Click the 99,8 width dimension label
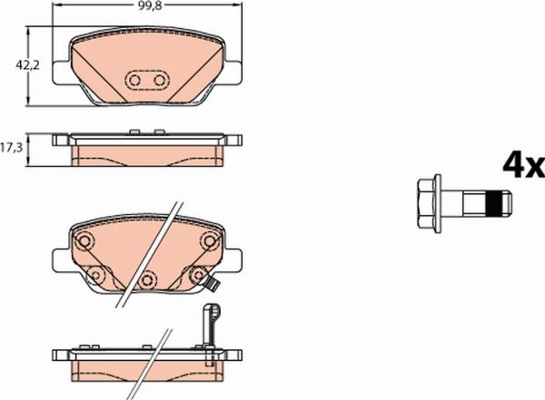[150, 6]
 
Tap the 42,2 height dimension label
[27, 65]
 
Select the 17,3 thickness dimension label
[12, 148]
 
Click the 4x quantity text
[524, 166]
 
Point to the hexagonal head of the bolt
[427, 203]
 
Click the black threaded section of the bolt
[494, 203]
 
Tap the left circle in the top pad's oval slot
[134, 81]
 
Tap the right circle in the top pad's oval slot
[160, 81]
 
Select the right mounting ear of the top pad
[233, 73]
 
